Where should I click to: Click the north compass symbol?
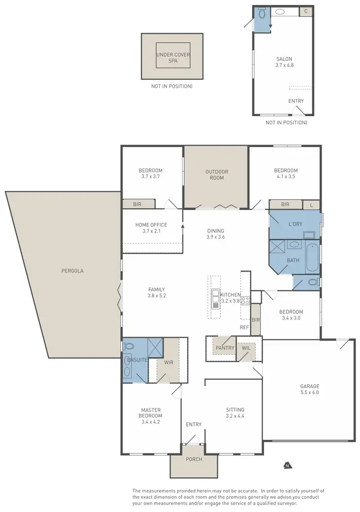coord(287,464)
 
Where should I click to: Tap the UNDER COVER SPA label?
coord(173,58)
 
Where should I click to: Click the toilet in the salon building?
coord(262,14)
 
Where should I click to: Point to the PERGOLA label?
coord(72,271)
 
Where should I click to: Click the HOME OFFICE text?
coord(151,225)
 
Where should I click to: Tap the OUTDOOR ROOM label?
coord(216,175)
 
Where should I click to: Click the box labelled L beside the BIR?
coord(312,205)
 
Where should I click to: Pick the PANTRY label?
coord(225,348)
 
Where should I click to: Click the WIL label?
coord(246,348)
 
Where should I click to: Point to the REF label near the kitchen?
coord(245,328)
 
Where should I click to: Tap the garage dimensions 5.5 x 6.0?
coord(310,392)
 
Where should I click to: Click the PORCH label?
coord(194,459)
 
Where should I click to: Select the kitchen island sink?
coord(216,294)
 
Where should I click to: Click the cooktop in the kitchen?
coord(245,301)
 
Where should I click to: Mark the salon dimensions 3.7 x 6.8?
coord(284,64)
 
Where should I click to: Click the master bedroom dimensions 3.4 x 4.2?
coord(151,422)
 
